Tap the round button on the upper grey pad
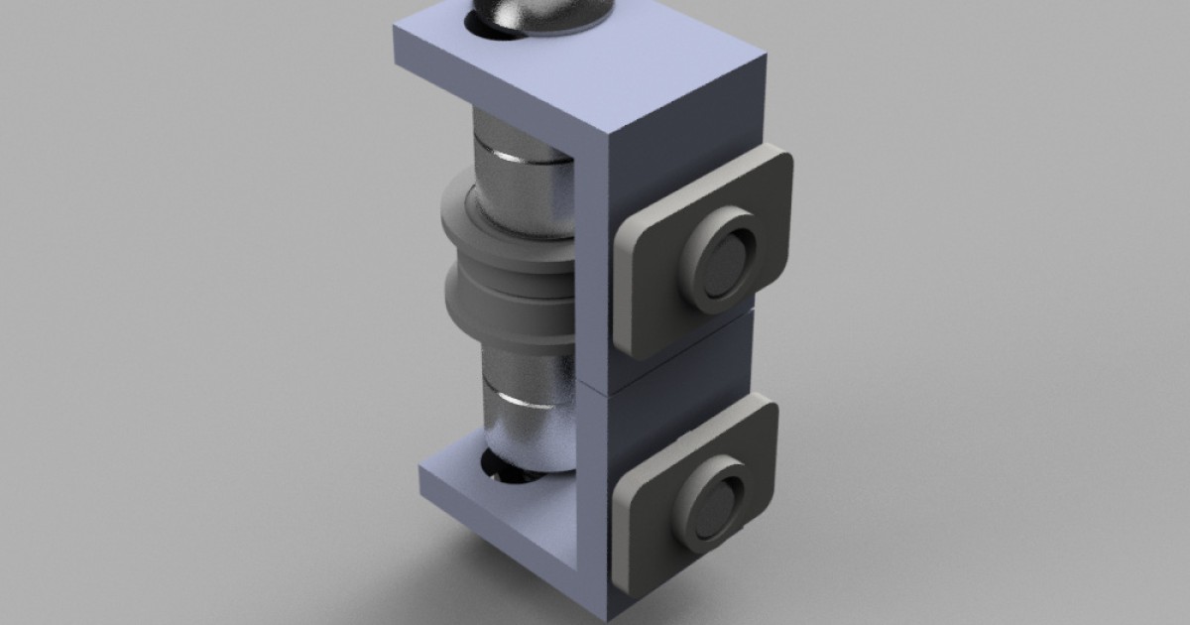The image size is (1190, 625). pos(721,260)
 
